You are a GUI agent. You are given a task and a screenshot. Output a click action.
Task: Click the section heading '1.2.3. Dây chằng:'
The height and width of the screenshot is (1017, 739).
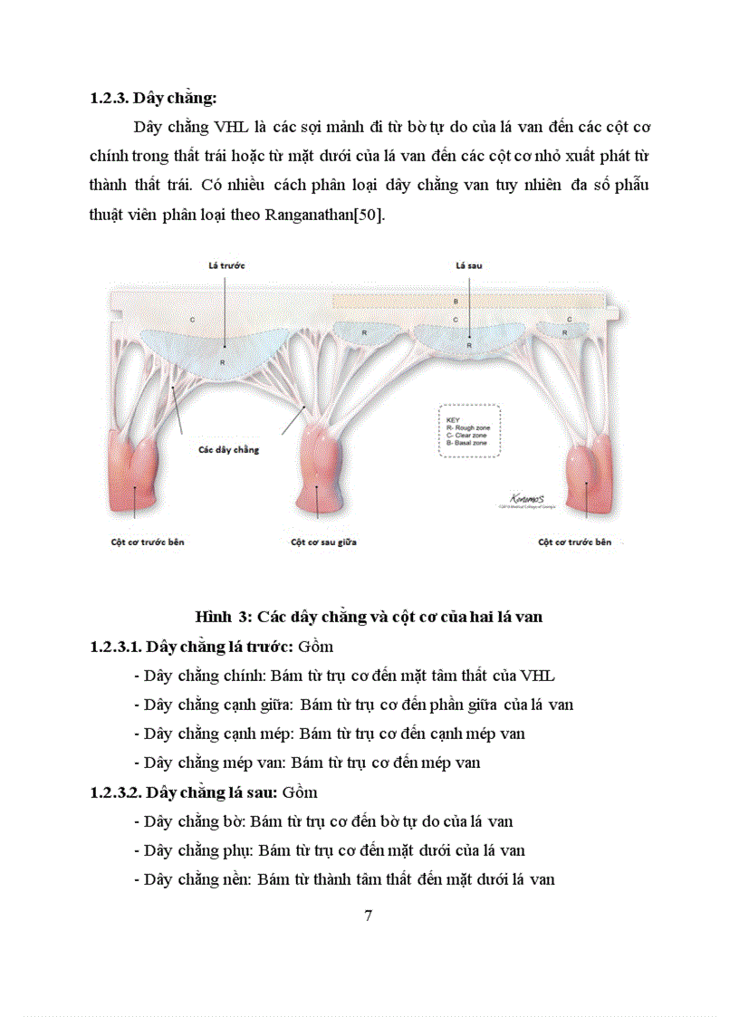pos(154,99)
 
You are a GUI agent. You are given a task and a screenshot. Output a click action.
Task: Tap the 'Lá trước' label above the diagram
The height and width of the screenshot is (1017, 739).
pos(226,265)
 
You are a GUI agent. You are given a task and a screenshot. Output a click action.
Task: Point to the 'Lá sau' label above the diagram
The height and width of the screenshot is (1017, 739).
pos(469,266)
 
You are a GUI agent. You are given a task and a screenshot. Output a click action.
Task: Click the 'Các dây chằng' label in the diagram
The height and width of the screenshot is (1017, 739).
pos(227,449)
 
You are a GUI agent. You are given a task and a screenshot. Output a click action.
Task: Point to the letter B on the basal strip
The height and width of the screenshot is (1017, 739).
pos(456,300)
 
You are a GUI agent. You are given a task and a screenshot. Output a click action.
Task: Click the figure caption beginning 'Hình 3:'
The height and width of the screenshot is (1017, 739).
pos(369,617)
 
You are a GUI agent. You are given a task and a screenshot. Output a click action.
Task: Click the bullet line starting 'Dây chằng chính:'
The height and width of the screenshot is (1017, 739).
pos(344,676)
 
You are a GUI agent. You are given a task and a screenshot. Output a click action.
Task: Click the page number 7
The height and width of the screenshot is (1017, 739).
pos(369,915)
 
